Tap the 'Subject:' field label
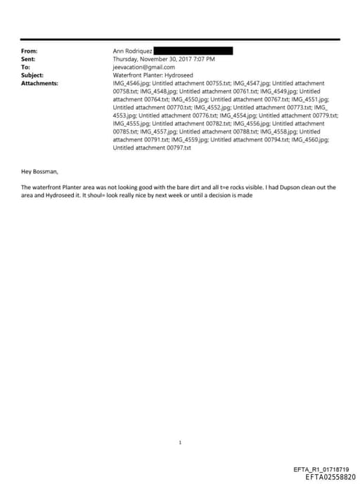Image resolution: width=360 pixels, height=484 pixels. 32,75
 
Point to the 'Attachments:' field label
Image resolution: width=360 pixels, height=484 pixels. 39,83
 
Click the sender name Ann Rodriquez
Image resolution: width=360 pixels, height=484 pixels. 132,51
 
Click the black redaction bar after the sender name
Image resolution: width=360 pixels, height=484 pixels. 193,51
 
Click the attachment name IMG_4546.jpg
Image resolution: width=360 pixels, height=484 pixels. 131,83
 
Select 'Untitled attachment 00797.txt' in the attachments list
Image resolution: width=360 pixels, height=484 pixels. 152,148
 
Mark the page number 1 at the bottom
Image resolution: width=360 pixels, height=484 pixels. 181,442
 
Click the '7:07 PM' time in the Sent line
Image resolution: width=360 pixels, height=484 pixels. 203,59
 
